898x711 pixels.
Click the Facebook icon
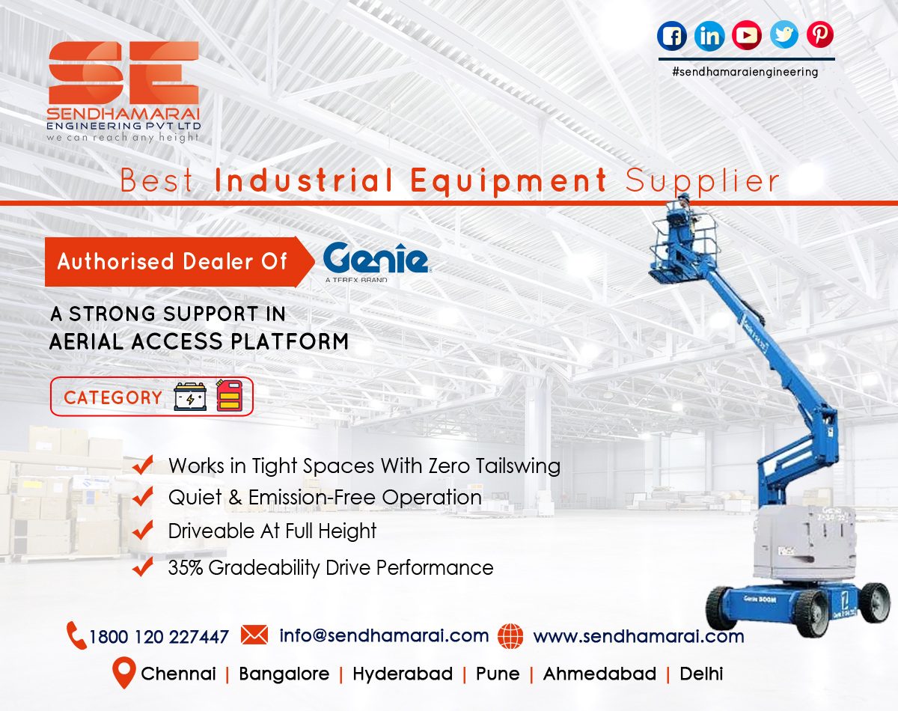672,35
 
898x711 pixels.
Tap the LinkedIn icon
709,35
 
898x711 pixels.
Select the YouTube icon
747,35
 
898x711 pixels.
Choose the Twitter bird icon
784,34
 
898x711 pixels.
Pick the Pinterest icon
820,34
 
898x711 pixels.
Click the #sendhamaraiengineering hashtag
745,72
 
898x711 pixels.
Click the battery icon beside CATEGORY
189,397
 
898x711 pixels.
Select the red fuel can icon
230,395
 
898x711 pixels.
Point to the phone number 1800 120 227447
159,637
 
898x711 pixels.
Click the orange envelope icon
254,635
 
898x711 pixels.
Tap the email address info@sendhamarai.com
384,635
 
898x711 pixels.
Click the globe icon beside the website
510,636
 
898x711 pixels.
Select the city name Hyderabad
403,674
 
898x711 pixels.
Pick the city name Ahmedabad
599,674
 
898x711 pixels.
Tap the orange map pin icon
123,673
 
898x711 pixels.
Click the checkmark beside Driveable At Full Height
142,531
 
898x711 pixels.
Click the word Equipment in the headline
509,181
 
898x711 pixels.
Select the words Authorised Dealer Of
172,261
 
